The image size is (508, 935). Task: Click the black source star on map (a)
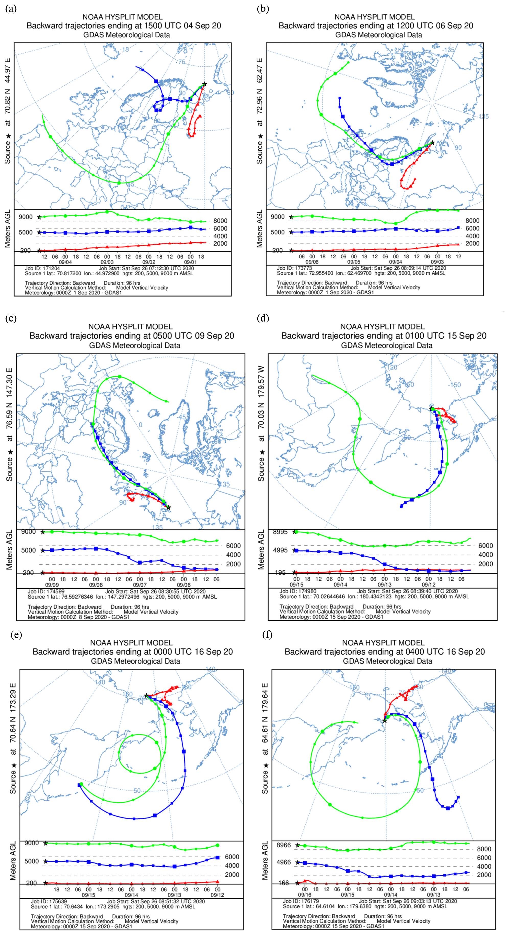coord(205,84)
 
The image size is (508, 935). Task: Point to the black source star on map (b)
coord(432,143)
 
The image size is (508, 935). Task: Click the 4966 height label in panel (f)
coord(284,862)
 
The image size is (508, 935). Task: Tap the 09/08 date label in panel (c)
coord(96,585)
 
